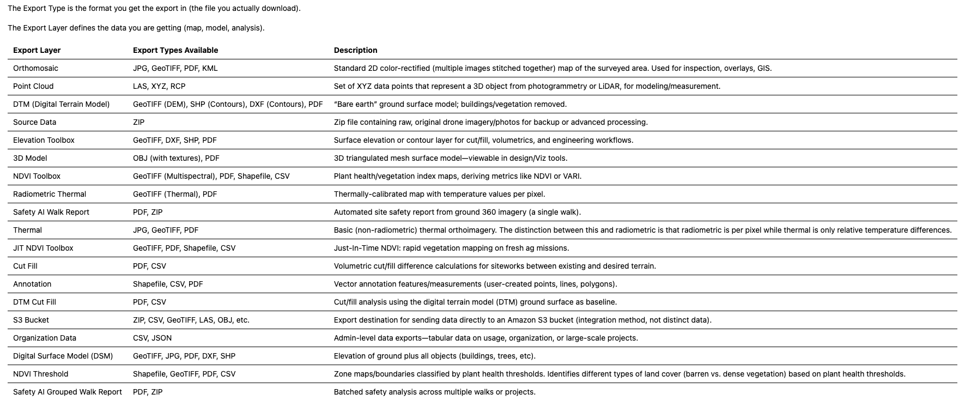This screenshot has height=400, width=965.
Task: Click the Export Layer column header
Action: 37,50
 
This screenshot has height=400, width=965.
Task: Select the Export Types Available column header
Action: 175,50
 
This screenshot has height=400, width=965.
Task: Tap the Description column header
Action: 355,50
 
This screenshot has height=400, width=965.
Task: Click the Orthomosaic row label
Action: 35,68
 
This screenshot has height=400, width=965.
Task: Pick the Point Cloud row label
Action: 33,86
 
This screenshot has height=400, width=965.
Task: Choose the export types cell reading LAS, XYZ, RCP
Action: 159,86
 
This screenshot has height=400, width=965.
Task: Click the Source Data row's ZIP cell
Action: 138,122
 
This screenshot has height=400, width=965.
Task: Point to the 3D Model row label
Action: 30,158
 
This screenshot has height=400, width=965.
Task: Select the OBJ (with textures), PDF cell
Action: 176,158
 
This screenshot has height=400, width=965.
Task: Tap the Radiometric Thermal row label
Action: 50,194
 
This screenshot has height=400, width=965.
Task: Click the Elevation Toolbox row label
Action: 44,140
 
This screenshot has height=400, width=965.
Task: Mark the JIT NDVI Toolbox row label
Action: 43,248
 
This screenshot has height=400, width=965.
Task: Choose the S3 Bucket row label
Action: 31,320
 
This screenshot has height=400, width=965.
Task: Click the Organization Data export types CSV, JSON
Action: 152,338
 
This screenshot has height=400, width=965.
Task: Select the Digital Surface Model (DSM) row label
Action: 63,356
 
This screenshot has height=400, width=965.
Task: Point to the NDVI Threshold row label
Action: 41,374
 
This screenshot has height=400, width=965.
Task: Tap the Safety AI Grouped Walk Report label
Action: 68,392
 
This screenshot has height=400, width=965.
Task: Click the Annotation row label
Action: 32,284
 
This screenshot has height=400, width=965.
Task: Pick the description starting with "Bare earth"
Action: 450,104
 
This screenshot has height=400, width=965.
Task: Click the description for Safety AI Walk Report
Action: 457,212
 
